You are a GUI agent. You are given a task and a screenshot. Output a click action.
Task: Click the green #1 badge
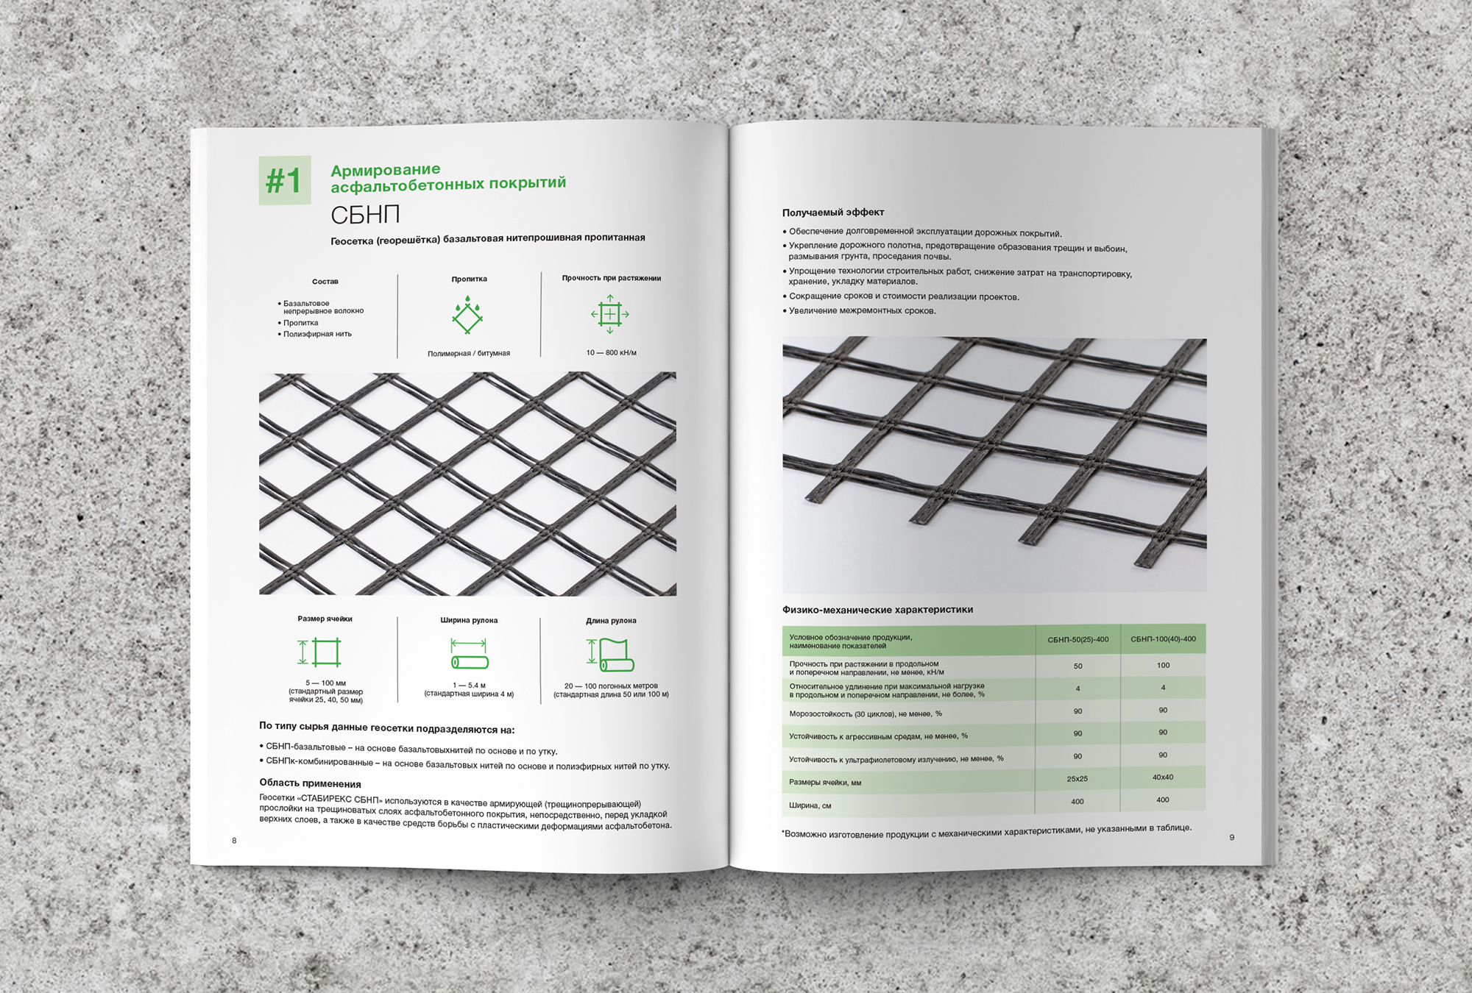click(x=284, y=180)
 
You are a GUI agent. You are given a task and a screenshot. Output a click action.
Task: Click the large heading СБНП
click(x=365, y=215)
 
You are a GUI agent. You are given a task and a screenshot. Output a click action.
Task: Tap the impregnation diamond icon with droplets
click(x=467, y=315)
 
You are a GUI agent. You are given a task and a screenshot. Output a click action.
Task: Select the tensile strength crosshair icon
click(x=610, y=314)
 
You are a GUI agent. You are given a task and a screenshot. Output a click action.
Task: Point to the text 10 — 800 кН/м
click(x=611, y=353)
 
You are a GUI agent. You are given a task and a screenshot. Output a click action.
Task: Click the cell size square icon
click(x=321, y=652)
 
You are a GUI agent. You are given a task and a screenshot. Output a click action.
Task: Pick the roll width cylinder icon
click(x=470, y=654)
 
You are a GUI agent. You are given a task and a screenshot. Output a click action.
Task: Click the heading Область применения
click(x=310, y=783)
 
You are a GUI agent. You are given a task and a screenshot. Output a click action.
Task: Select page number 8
click(x=234, y=841)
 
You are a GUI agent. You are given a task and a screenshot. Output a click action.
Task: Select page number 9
click(x=1231, y=837)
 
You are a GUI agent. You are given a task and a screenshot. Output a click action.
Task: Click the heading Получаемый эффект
click(x=833, y=213)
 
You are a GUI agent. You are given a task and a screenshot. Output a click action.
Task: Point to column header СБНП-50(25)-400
click(x=1078, y=640)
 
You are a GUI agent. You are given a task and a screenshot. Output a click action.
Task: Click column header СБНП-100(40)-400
click(x=1163, y=639)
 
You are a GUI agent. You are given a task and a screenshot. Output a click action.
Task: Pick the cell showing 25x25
click(x=1077, y=779)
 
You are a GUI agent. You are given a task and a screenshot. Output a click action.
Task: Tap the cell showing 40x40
click(x=1163, y=777)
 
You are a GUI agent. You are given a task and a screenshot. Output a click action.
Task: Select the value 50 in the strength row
click(x=1078, y=666)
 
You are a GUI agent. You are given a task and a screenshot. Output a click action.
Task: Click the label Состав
click(x=325, y=282)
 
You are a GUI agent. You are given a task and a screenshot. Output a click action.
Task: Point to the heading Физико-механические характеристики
click(x=877, y=610)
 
